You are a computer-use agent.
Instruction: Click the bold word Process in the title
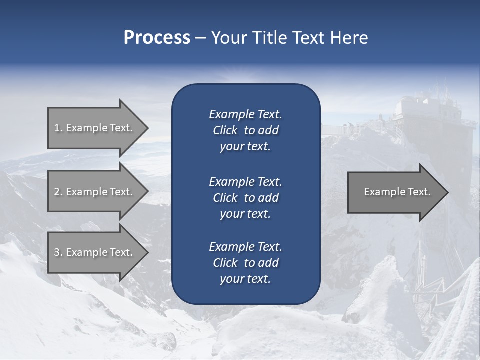[157, 38]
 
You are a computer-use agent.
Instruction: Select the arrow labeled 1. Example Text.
[95, 128]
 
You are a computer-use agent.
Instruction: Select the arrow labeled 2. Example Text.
[95, 192]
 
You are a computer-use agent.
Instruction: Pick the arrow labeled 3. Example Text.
[95, 252]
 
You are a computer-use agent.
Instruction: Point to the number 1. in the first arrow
[58, 128]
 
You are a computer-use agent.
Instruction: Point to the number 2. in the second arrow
[58, 192]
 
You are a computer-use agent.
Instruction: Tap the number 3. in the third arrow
[58, 252]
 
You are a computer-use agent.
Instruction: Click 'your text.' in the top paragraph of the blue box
[245, 147]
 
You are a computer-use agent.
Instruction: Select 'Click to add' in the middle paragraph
[245, 198]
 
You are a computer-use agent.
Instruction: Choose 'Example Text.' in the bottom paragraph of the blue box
[245, 247]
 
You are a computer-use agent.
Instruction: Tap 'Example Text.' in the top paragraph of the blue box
[245, 114]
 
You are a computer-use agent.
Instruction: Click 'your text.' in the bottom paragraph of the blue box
[245, 279]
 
